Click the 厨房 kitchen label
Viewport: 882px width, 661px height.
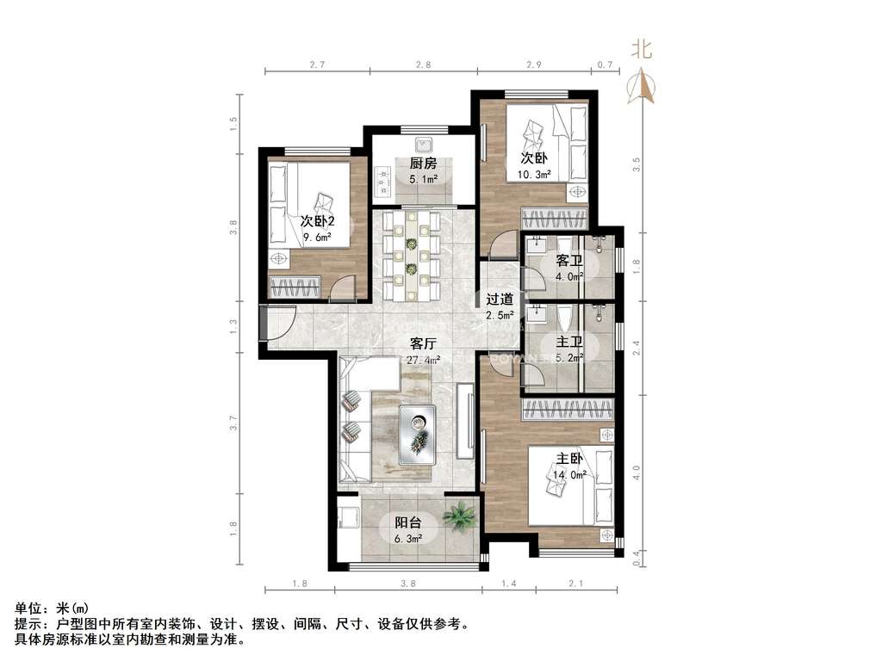click(x=423, y=164)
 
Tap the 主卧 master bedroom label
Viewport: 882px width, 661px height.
click(x=570, y=458)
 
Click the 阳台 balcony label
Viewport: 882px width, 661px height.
click(x=408, y=522)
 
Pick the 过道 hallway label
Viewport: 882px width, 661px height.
click(x=500, y=300)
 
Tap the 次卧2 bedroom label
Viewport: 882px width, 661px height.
click(x=318, y=221)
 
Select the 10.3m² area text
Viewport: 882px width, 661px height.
click(x=535, y=174)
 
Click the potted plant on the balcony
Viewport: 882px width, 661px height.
click(x=460, y=516)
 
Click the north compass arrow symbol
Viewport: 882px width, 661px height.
click(x=643, y=86)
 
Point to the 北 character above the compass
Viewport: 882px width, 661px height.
click(x=643, y=50)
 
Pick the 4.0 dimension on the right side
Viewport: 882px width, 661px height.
click(x=637, y=473)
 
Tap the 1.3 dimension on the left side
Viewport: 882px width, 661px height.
click(x=233, y=325)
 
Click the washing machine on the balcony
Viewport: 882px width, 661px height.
click(x=348, y=517)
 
